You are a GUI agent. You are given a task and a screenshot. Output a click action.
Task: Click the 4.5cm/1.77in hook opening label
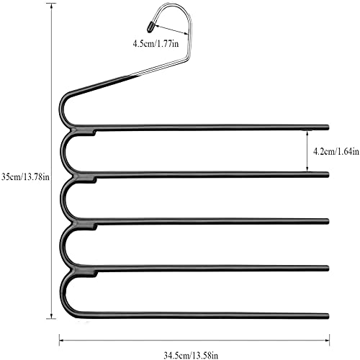point(156,44)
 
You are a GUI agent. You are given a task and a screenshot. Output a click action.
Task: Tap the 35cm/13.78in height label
point(25,177)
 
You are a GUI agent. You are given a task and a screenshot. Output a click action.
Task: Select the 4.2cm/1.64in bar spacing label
point(336,151)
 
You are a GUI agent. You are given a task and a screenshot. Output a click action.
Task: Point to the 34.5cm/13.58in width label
point(191,355)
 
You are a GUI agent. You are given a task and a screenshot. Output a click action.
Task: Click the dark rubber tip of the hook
point(150,26)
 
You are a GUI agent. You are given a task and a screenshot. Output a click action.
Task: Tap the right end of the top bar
point(328,127)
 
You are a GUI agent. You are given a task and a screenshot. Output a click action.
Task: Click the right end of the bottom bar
point(328,316)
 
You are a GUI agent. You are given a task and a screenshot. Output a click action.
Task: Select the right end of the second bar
point(328,175)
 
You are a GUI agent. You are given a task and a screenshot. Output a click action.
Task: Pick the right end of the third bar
point(328,221)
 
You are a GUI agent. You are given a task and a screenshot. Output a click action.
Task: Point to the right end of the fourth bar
point(328,268)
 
